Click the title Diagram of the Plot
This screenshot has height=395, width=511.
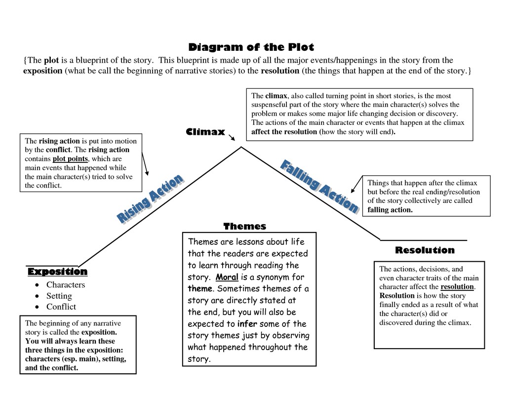pyautogui.click(x=251, y=47)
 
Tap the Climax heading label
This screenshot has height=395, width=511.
pyautogui.click(x=205, y=132)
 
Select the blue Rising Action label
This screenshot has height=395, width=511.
pyautogui.click(x=150, y=199)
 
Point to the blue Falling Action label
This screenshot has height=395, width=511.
pyautogui.click(x=319, y=186)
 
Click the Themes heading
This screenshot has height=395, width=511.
pyautogui.click(x=244, y=227)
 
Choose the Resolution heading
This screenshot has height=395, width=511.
pyautogui.click(x=425, y=250)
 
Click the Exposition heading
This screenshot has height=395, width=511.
pyautogui.click(x=57, y=272)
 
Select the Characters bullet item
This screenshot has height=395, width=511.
pyautogui.click(x=66, y=285)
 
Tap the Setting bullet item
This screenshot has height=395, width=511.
pyautogui.click(x=59, y=296)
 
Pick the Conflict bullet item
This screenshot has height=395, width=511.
pyautogui.click(x=61, y=307)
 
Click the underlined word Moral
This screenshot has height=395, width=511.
pyautogui.click(x=227, y=277)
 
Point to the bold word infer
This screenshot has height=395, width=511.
pyautogui.click(x=247, y=324)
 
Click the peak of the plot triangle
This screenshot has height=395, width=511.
pyautogui.click(x=241, y=147)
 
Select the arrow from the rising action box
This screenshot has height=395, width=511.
pyautogui.click(x=145, y=163)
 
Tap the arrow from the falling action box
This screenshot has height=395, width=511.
pyautogui.click(x=356, y=186)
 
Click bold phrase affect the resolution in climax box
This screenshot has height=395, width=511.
pyautogui.click(x=284, y=132)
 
